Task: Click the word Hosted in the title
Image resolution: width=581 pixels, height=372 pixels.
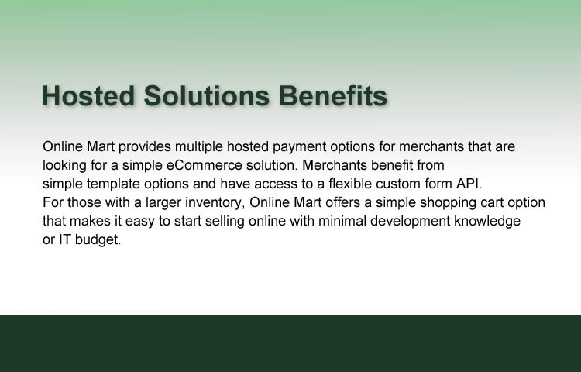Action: (88, 95)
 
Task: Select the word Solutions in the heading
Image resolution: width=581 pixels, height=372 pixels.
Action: (206, 95)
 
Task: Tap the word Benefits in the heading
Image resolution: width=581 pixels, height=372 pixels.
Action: (333, 95)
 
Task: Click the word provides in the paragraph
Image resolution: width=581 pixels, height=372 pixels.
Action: (145, 146)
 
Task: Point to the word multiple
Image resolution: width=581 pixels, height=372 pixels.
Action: (199, 146)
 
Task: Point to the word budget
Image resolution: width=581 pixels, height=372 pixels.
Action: (98, 240)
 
